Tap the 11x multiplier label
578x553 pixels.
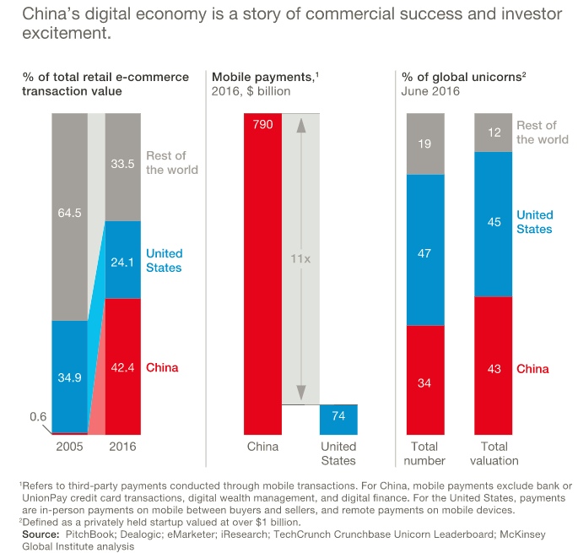pyautogui.click(x=301, y=260)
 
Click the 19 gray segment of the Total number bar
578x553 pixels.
pyautogui.click(x=425, y=144)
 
